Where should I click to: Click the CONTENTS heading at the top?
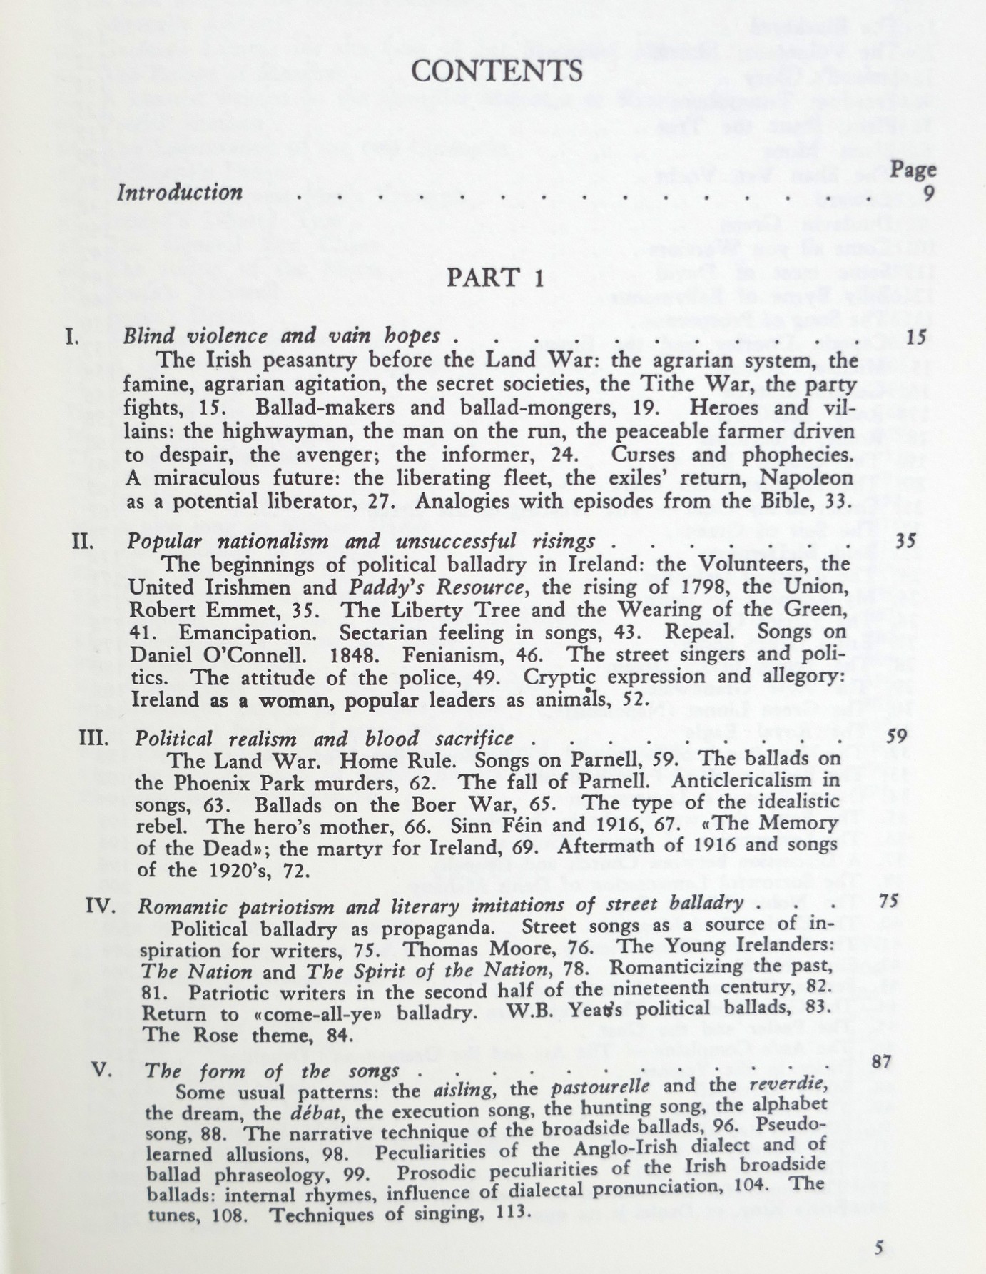tap(497, 71)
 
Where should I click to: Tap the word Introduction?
tap(180, 193)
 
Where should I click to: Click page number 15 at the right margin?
tap(915, 336)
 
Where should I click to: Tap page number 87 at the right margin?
tap(883, 1061)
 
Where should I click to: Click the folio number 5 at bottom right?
tap(879, 1246)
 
